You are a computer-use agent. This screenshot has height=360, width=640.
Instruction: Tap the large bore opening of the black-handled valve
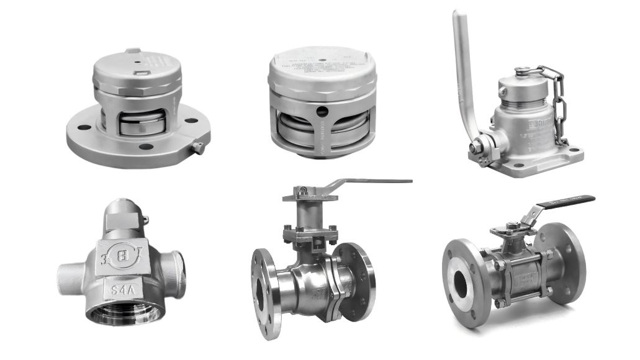click(x=461, y=284)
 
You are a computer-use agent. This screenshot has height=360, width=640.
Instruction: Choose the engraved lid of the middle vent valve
click(x=322, y=63)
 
